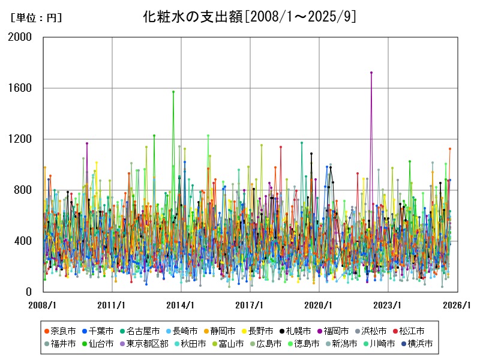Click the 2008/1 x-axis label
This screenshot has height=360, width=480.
point(43,305)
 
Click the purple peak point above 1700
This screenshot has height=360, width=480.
point(371,73)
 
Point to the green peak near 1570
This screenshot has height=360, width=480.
point(173,92)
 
